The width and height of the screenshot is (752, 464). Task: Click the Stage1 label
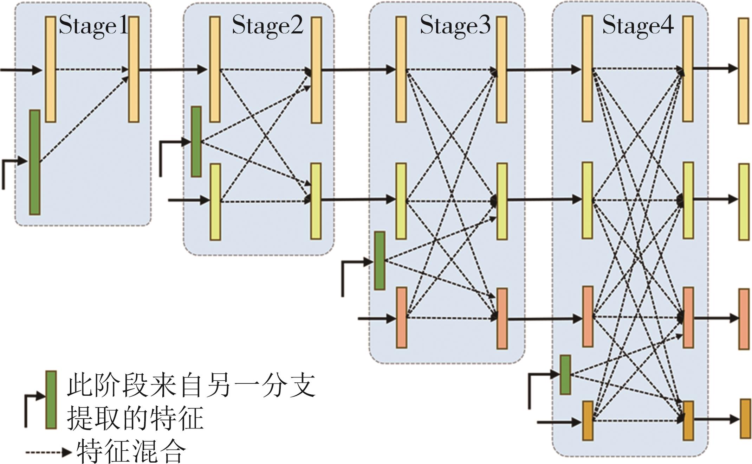(x=93, y=25)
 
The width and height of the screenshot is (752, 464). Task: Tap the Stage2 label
(x=267, y=25)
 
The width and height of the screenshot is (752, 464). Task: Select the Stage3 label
(x=455, y=25)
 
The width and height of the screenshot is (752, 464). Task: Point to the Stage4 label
(x=638, y=25)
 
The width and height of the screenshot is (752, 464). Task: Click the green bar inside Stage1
(x=34, y=162)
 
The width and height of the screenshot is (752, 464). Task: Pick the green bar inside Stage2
(x=196, y=141)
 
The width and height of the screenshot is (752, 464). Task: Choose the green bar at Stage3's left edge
(x=380, y=261)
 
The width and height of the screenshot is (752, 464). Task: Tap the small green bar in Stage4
(x=565, y=375)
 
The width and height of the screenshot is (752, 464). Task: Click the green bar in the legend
(x=51, y=400)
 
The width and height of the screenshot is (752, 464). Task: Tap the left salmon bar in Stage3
(x=402, y=318)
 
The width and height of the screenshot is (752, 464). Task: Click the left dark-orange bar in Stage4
(x=588, y=421)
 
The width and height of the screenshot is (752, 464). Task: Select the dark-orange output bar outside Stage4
(x=746, y=419)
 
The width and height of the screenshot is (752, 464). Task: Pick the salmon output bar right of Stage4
(x=744, y=319)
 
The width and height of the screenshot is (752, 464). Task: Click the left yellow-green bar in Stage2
(x=215, y=202)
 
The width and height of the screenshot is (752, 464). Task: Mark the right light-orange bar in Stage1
(x=134, y=69)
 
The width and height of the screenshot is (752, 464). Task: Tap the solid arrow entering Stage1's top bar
(x=21, y=70)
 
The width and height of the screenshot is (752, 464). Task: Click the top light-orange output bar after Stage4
(x=743, y=71)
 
